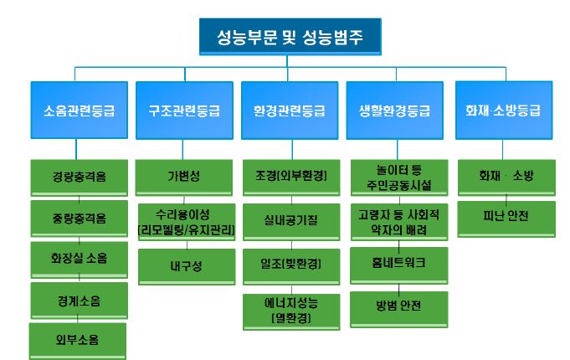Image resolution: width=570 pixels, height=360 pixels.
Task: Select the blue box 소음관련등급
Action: tap(79, 110)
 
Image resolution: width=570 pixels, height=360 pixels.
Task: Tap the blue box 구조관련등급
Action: tap(185, 110)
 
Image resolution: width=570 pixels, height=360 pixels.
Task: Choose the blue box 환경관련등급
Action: tap(290, 110)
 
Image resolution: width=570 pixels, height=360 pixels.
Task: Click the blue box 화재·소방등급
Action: tap(503, 110)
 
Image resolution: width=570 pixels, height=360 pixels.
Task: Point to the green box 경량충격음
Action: tap(79, 177)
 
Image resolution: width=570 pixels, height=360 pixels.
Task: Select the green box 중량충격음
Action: tap(79, 218)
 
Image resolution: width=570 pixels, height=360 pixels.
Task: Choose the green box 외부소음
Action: tap(79, 339)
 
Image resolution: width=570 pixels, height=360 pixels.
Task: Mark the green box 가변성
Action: tap(185, 177)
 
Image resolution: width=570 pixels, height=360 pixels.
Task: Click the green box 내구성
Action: tap(185, 265)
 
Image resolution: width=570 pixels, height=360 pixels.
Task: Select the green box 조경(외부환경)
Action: tap(290, 177)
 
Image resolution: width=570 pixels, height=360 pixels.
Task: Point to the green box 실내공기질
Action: tap(290, 220)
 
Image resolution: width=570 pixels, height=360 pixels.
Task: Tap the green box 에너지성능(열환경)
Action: tap(290, 309)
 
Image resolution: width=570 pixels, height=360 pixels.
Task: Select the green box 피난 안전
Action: tap(503, 216)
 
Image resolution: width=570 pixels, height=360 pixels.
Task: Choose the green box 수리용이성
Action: tap(185, 221)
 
